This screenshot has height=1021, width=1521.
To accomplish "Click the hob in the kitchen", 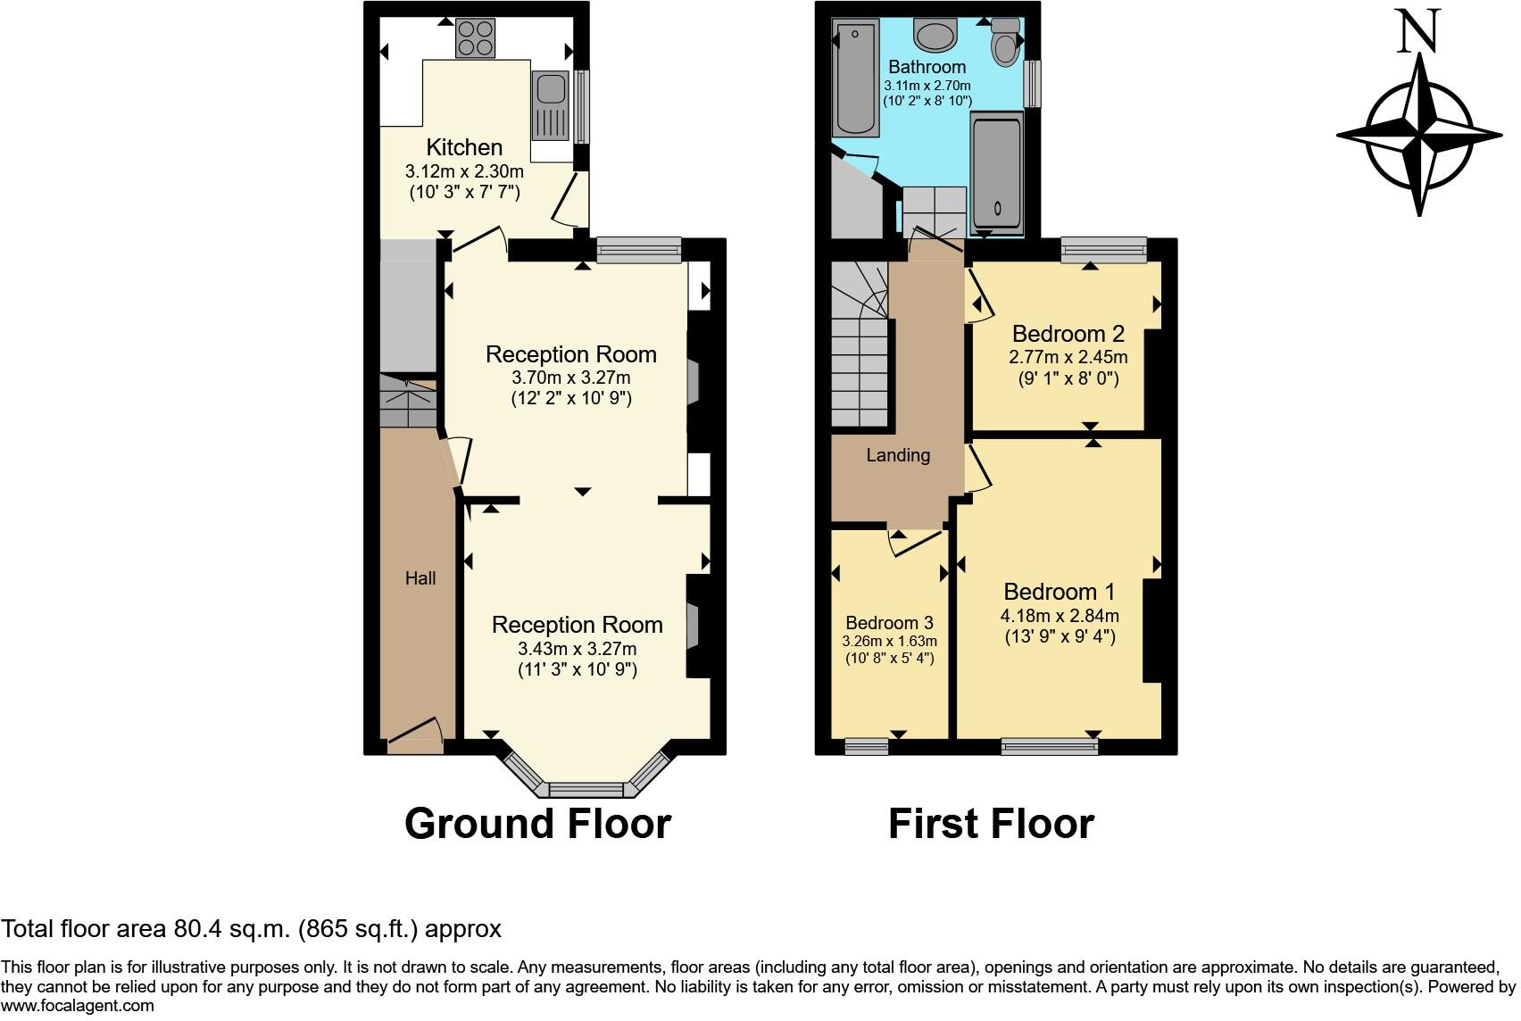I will point(476,38).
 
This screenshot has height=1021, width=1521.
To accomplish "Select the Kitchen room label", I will point(464,147).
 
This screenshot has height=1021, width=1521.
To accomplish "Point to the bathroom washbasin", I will point(935,36).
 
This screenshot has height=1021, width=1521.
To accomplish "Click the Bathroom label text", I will point(927,67).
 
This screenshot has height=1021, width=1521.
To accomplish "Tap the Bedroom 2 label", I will point(1068,335).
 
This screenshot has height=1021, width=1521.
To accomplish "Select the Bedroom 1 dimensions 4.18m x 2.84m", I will point(1060,616).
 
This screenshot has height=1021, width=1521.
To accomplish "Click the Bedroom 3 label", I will point(889,623).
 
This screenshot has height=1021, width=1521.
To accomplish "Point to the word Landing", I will point(898,455).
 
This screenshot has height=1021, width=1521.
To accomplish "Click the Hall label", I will point(420,578).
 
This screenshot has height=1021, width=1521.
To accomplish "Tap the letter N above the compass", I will point(1418,31).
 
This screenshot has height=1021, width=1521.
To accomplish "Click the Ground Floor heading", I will point(537,823).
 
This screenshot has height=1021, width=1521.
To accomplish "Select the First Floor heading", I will point(991,823).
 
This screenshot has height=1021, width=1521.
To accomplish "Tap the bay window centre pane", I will point(586,789).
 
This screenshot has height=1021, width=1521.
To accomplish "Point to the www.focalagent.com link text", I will point(78,1006).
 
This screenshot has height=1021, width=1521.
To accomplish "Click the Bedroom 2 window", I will point(1103,250).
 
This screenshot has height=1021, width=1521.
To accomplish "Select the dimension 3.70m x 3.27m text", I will point(570,378).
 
